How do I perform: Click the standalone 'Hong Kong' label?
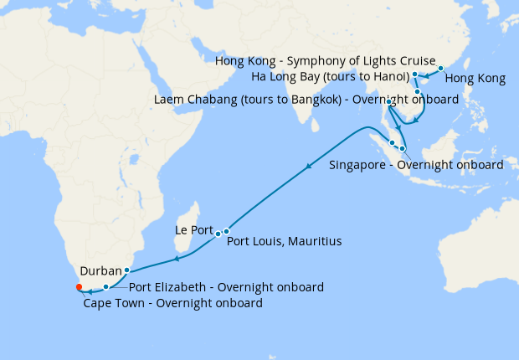(475, 80)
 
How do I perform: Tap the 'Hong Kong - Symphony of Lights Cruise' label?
(326, 61)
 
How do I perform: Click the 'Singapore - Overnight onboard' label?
(416, 164)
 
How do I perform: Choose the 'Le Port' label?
(193, 228)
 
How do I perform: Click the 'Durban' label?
(100, 271)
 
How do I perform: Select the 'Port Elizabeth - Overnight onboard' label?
(226, 287)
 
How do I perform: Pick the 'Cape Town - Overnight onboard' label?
(173, 303)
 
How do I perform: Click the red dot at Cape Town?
(79, 287)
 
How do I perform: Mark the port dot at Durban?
(126, 270)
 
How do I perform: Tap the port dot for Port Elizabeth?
(105, 287)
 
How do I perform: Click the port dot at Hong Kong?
(441, 68)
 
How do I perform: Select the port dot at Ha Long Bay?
(415, 75)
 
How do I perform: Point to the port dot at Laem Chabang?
(389, 101)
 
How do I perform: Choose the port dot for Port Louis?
(226, 231)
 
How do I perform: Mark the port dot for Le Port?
(218, 234)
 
